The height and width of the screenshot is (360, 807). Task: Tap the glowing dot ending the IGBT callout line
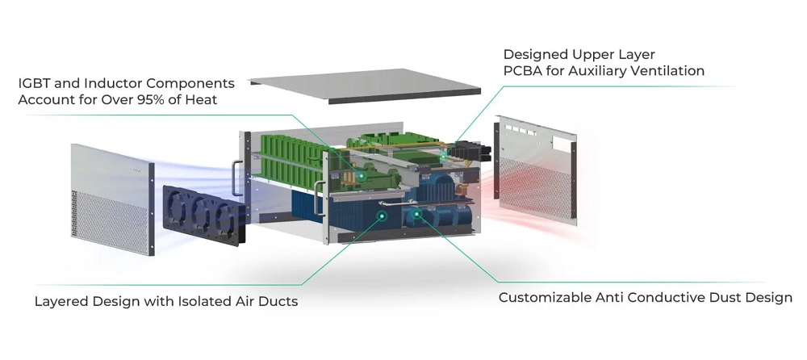pyautogui.click(x=362, y=174)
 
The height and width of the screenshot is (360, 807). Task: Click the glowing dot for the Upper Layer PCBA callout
pyautogui.click(x=443, y=153)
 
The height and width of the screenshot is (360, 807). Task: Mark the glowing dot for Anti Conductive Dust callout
pyautogui.click(x=416, y=215)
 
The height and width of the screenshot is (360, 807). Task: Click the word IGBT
pyautogui.click(x=33, y=83)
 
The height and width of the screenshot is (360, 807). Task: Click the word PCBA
pyautogui.click(x=522, y=71)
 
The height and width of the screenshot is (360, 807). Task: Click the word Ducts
pyautogui.click(x=278, y=302)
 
